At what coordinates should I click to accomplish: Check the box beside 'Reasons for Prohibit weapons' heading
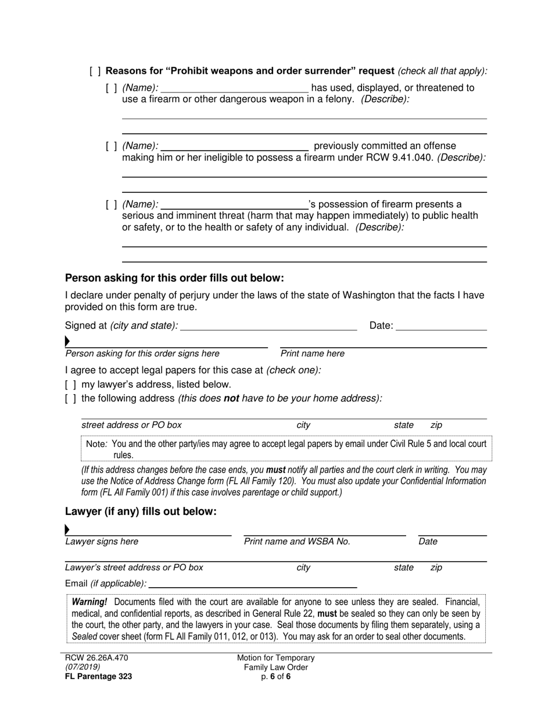(95, 71)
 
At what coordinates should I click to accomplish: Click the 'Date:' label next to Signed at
(381, 326)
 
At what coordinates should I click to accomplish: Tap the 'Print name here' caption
(312, 353)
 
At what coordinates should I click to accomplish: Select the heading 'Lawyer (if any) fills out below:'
(141, 512)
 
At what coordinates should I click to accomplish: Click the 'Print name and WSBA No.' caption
(297, 542)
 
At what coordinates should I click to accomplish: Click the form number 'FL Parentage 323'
(98, 677)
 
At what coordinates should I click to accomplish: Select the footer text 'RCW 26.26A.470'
(96, 658)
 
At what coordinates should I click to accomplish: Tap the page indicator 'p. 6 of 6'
(275, 677)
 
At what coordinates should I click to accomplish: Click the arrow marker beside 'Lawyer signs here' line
(67, 530)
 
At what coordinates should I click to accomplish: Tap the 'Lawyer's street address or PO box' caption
(134, 568)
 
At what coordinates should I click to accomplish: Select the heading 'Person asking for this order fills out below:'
(174, 278)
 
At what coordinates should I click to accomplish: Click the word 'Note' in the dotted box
(96, 444)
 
